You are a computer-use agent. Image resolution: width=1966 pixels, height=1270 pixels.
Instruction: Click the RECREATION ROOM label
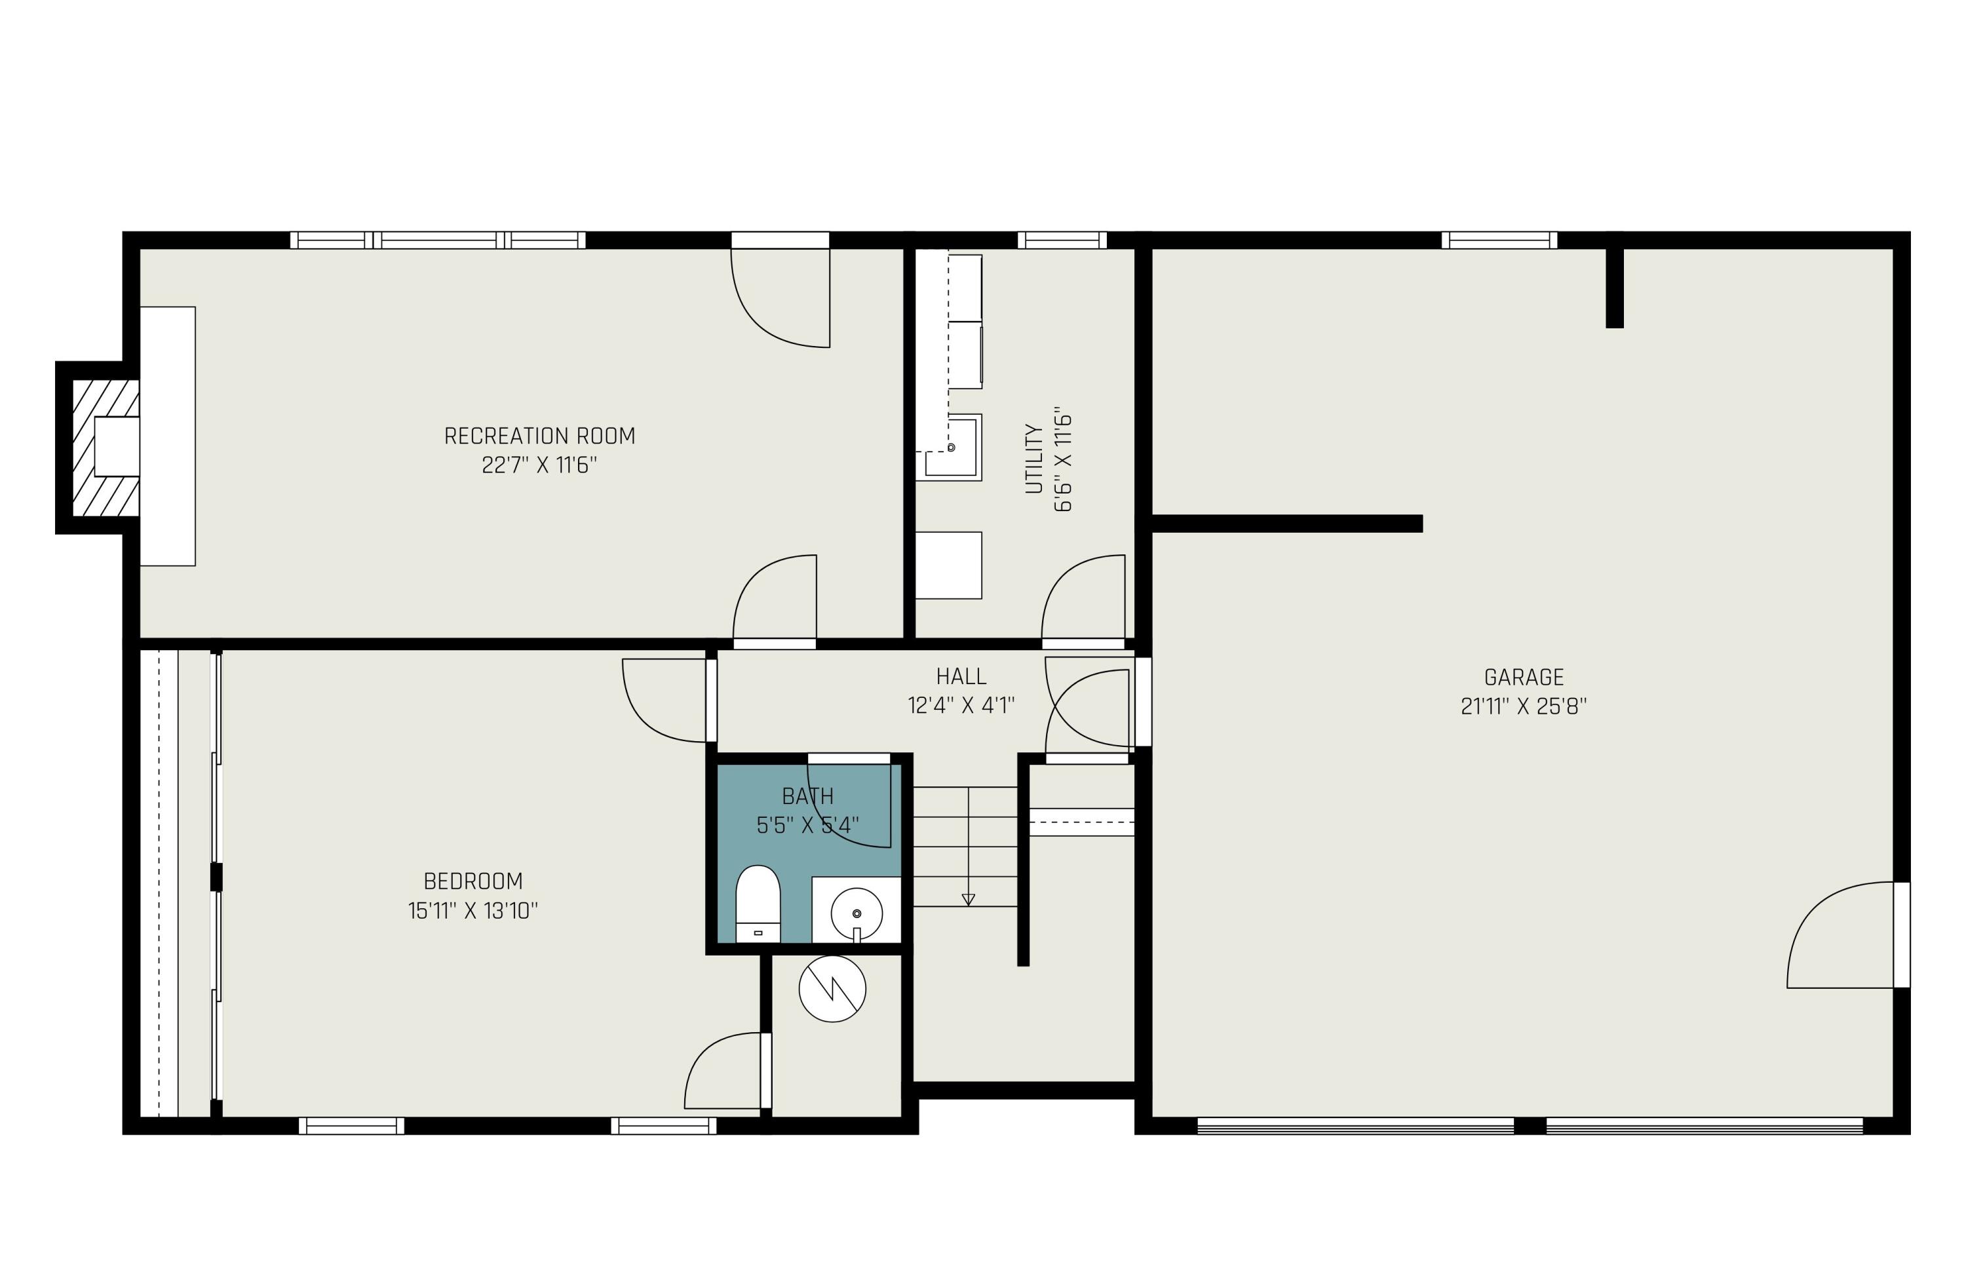click(539, 435)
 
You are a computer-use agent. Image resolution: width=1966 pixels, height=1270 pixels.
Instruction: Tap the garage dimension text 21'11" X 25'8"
click(1522, 706)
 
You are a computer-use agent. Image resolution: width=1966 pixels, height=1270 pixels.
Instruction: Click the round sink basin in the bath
click(856, 913)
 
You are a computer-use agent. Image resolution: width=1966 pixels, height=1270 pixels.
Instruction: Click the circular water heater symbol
click(832, 989)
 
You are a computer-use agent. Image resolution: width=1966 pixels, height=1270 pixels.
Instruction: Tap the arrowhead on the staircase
click(968, 900)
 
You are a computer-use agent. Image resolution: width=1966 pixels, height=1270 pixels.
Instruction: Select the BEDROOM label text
click(472, 881)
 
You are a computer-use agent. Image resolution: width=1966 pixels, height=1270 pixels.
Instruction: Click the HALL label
click(961, 676)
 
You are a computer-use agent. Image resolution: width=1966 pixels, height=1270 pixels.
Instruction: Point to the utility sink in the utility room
click(952, 448)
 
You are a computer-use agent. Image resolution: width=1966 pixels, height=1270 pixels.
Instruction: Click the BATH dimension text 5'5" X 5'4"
click(807, 824)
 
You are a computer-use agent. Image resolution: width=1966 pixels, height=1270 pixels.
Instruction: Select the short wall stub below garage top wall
click(1614, 287)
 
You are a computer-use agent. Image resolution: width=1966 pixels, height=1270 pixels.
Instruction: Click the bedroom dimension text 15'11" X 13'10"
click(472, 910)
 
